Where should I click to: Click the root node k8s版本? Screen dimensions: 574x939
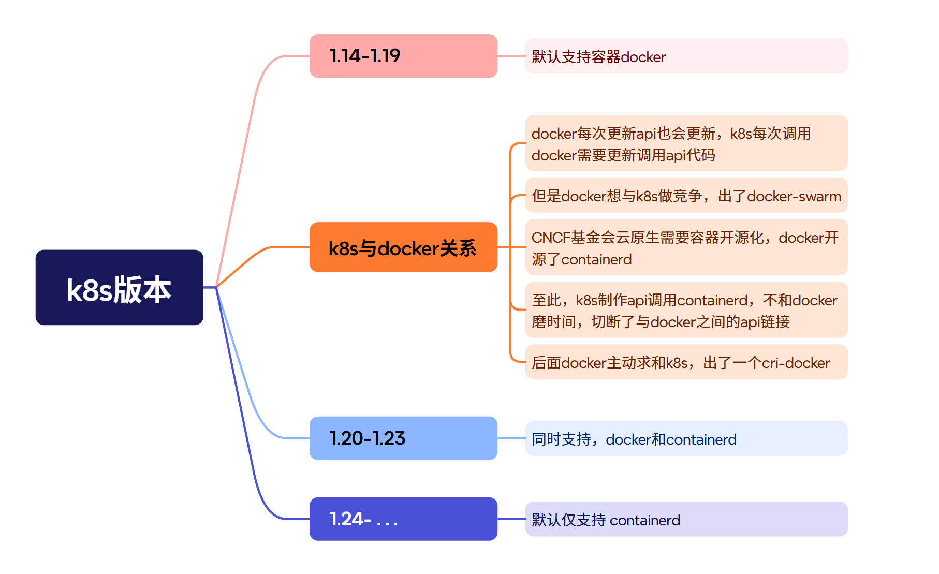click(x=119, y=288)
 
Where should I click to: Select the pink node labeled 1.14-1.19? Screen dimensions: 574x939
click(x=403, y=56)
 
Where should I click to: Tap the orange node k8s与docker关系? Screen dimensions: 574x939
click(x=403, y=247)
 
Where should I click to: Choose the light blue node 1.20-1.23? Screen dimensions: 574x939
click(x=403, y=438)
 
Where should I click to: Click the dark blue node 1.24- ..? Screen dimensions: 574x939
click(x=403, y=519)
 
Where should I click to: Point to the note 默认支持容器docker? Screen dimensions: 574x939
click(x=686, y=56)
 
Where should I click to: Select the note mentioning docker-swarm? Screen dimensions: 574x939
click(x=686, y=196)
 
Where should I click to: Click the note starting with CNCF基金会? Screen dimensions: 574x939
click(x=686, y=247)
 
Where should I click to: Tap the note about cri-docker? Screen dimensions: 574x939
click(x=686, y=362)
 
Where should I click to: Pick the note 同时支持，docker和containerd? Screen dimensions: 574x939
click(x=686, y=439)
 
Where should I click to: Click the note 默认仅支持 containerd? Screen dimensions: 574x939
click(x=686, y=519)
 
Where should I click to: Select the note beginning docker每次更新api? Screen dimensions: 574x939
click(x=686, y=143)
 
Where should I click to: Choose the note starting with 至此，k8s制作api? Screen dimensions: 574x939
click(x=686, y=310)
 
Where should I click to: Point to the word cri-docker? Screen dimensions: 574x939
click(x=796, y=363)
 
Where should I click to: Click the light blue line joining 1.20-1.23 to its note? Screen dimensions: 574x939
click(x=511, y=438)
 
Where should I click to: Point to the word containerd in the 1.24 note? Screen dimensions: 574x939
click(x=645, y=520)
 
